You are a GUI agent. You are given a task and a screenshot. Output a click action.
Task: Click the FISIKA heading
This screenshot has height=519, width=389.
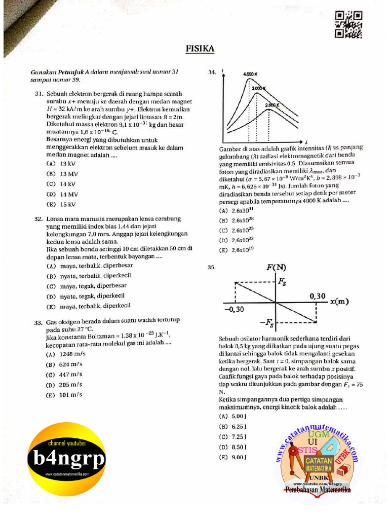click(200, 49)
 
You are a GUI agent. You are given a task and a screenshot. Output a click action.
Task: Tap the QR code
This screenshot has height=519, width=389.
click(348, 25)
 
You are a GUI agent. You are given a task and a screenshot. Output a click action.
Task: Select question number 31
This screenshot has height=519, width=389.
click(37, 94)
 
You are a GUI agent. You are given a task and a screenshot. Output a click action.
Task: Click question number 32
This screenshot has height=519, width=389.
click(37, 219)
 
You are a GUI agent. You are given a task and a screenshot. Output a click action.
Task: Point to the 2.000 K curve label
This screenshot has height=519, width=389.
click(272, 105)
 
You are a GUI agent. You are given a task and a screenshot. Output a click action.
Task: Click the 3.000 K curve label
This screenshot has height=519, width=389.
click(259, 89)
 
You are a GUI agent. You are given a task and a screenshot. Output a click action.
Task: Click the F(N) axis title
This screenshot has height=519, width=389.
click(276, 267)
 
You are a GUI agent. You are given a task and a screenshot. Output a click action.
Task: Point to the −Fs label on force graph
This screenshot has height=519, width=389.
click(267, 322)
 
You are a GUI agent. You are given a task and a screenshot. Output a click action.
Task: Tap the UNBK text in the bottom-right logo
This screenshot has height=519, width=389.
click(318, 477)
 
